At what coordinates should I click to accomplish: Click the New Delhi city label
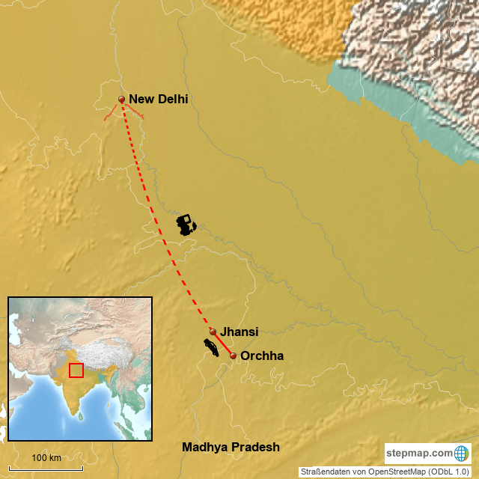pyautogui.click(x=158, y=99)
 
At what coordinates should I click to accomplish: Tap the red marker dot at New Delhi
pyautogui.click(x=121, y=99)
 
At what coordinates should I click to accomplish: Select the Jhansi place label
pyautogui.click(x=239, y=331)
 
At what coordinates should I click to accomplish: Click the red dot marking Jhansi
pyautogui.click(x=213, y=332)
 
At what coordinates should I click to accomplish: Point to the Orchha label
pyautogui.click(x=261, y=356)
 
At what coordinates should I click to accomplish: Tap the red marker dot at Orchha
pyautogui.click(x=234, y=356)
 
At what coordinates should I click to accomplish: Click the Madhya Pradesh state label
pyautogui.click(x=231, y=448)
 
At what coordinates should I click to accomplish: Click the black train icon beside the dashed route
pyautogui.click(x=186, y=225)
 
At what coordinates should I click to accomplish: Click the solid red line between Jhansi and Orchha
pyautogui.click(x=223, y=344)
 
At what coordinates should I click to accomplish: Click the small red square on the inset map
pyautogui.click(x=76, y=370)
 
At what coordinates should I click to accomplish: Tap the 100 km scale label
pyautogui.click(x=46, y=457)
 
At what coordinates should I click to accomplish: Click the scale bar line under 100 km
pyautogui.click(x=46, y=469)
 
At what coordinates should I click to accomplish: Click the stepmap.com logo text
pyautogui.click(x=419, y=453)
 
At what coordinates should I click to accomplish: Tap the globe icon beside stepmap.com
pyautogui.click(x=461, y=453)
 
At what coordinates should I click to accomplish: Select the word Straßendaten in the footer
pyautogui.click(x=321, y=472)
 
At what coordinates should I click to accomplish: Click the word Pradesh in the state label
pyautogui.click(x=255, y=448)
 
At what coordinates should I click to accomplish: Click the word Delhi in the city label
pyautogui.click(x=173, y=99)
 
